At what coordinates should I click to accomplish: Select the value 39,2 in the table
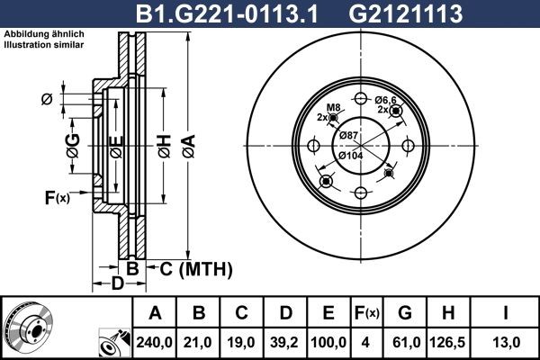tap(285, 342)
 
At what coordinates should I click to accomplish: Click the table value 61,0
tap(405, 342)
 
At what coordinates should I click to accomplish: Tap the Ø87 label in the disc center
tap(347, 135)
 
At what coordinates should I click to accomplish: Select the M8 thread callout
tap(333, 108)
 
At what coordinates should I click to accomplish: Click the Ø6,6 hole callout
tap(386, 100)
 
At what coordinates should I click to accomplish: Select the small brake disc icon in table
tap(27, 328)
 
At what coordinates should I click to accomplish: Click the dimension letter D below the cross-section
tap(117, 285)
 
